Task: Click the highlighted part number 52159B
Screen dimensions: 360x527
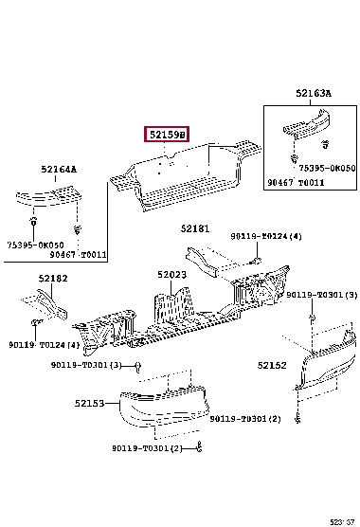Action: [167, 135]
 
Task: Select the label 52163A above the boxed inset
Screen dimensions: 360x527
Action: [314, 93]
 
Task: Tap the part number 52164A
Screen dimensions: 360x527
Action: [59, 169]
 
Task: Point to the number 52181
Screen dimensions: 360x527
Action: [195, 228]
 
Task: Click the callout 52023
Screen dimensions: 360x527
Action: [171, 275]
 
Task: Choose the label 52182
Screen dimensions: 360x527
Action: [53, 279]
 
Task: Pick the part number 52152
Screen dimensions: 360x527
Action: [272, 365]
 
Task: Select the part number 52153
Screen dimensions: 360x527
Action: [89, 403]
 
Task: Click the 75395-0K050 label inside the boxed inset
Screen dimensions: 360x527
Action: [327, 168]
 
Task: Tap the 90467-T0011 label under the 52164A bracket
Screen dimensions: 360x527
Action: [79, 254]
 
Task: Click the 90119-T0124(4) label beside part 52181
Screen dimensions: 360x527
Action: [266, 236]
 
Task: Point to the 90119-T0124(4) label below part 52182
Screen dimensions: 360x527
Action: [45, 345]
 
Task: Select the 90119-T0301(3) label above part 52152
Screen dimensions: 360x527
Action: [322, 295]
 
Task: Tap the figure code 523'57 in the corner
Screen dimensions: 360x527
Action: [342, 522]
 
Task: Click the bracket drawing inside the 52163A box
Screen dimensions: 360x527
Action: [306, 123]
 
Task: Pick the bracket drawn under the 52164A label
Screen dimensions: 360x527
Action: [48, 195]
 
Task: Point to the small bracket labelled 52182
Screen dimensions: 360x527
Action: [45, 304]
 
